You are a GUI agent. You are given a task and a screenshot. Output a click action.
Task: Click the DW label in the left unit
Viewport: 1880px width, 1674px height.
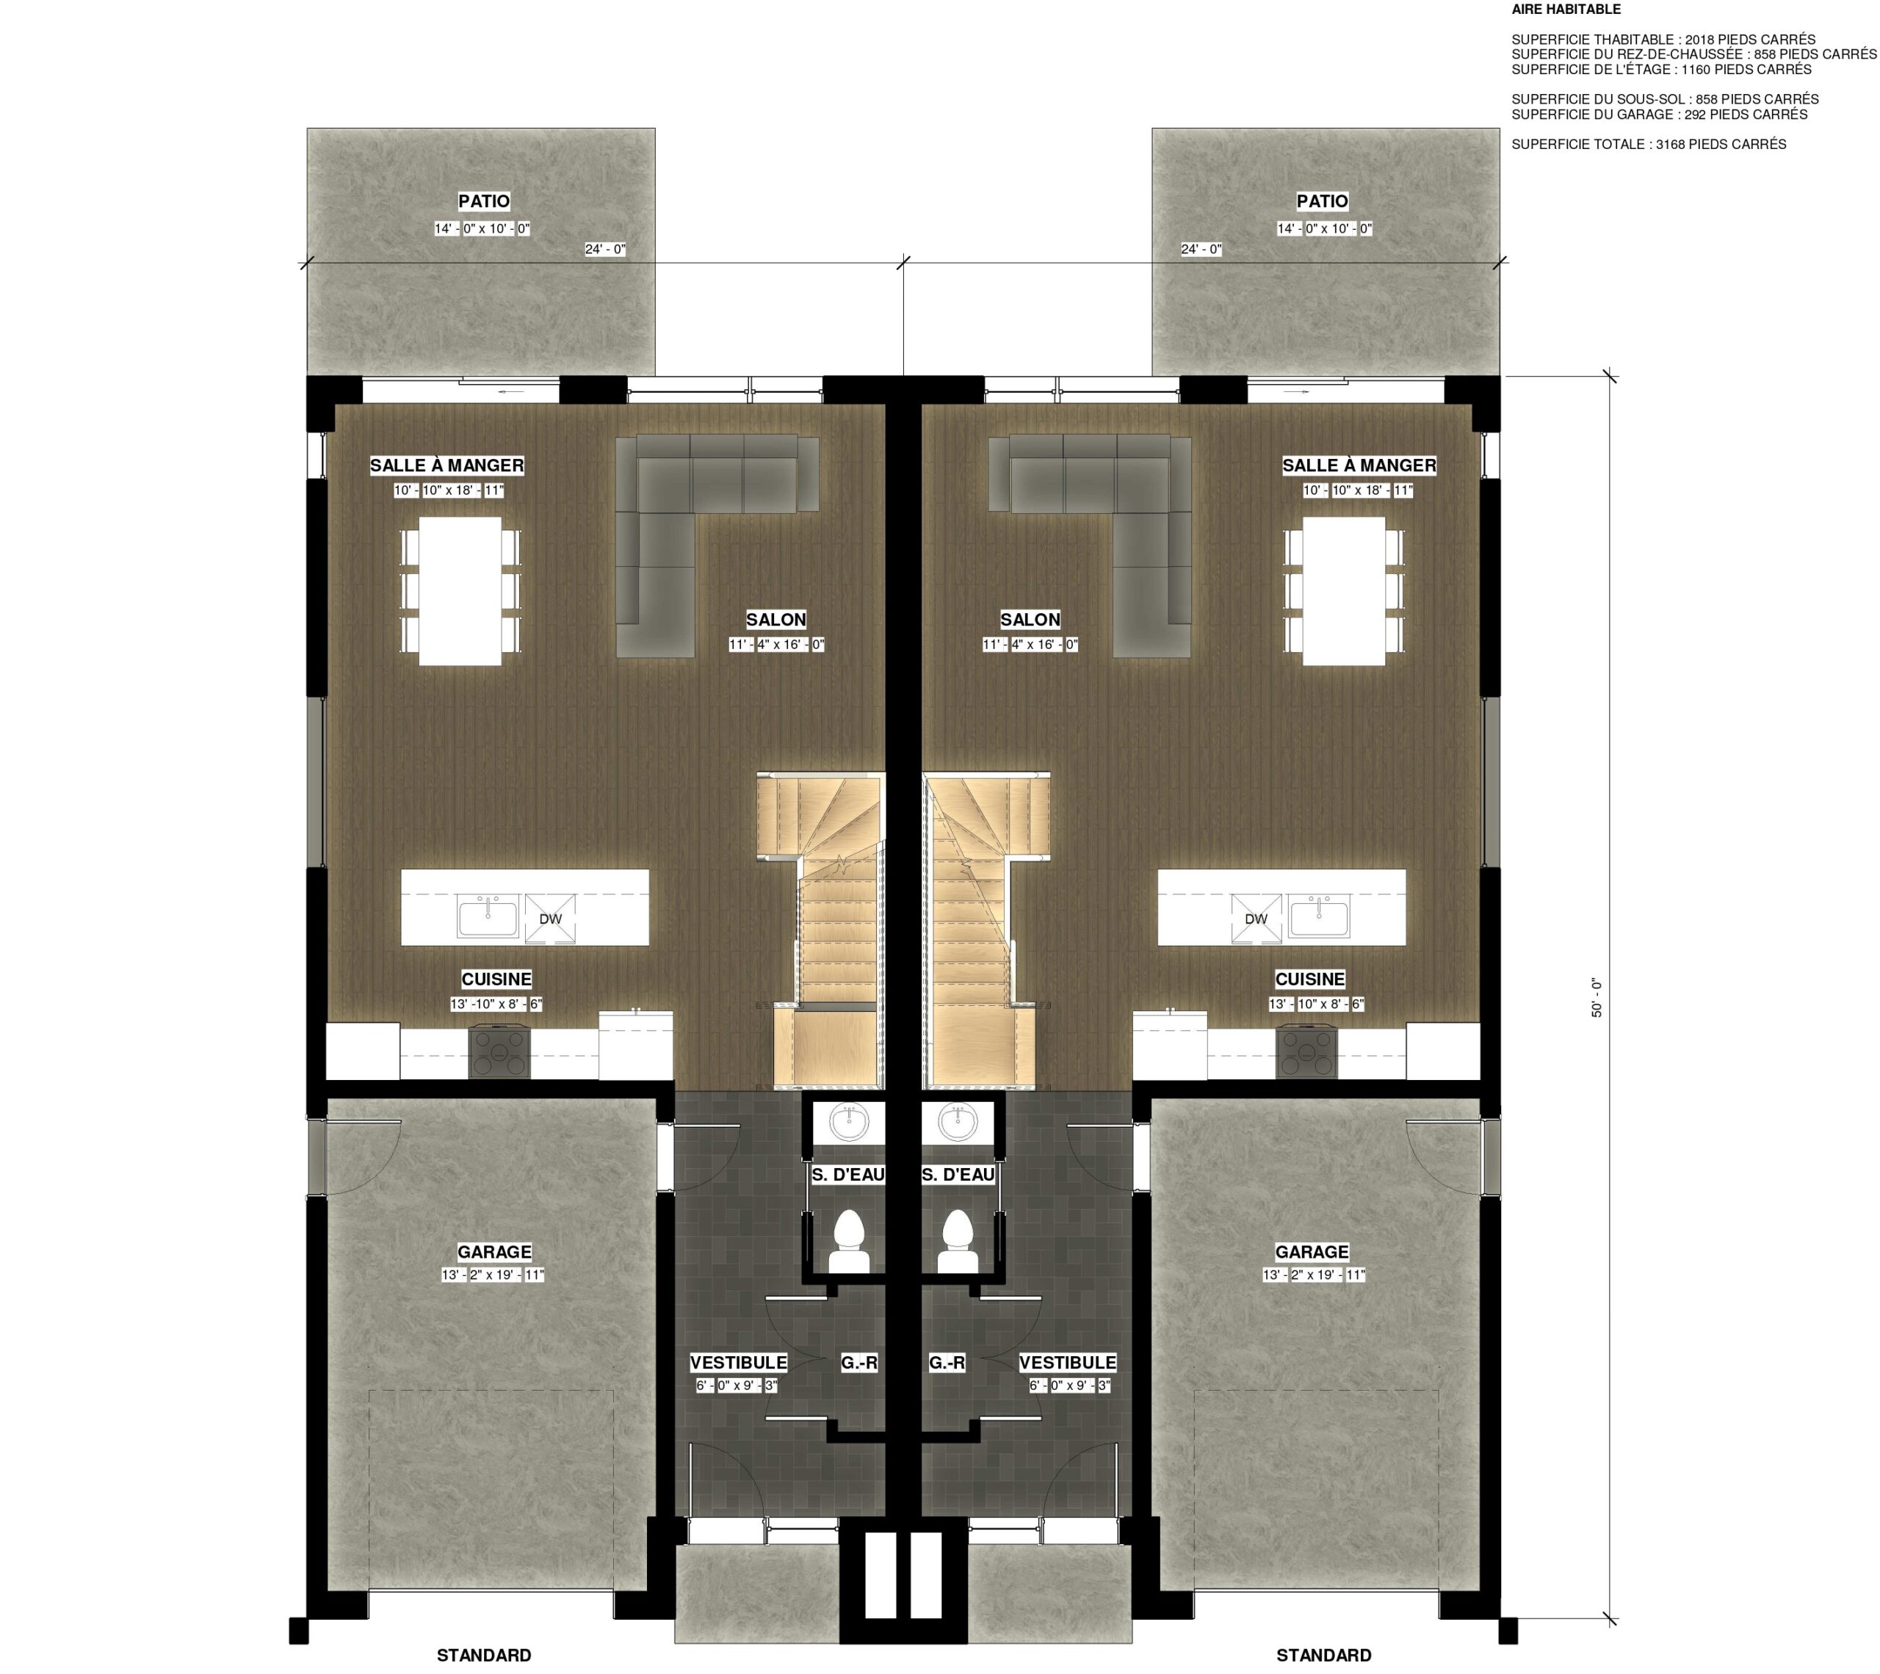pyautogui.click(x=550, y=918)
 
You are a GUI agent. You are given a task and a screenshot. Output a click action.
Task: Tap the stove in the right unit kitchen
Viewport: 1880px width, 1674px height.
pyautogui.click(x=1306, y=1053)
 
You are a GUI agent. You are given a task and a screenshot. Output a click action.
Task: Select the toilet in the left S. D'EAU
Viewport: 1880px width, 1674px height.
pyautogui.click(x=849, y=1241)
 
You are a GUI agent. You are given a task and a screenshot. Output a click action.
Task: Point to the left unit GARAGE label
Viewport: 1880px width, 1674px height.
pyautogui.click(x=494, y=1252)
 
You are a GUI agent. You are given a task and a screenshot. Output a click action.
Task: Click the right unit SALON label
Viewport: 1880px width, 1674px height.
pyautogui.click(x=1030, y=620)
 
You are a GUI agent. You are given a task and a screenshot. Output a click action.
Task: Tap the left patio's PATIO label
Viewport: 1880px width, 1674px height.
pyautogui.click(x=484, y=201)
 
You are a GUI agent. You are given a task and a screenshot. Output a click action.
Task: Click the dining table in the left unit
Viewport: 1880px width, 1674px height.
pyautogui.click(x=460, y=590)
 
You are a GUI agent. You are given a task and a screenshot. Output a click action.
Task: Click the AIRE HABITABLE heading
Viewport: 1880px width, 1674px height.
pyautogui.click(x=1566, y=10)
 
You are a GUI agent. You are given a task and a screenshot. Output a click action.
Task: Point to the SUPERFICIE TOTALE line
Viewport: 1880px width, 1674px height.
pyautogui.click(x=1648, y=145)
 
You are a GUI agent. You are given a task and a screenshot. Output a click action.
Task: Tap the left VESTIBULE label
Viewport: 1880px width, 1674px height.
pyautogui.click(x=737, y=1362)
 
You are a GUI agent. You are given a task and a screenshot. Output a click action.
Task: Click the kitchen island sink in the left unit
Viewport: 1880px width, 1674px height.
pyautogui.click(x=488, y=918)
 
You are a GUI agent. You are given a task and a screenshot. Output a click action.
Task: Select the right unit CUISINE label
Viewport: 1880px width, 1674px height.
pyautogui.click(x=1309, y=979)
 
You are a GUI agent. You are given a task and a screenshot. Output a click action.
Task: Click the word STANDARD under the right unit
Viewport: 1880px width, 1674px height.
pyautogui.click(x=1323, y=1656)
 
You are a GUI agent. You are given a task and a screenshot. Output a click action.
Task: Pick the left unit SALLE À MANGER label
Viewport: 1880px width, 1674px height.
pyautogui.click(x=447, y=465)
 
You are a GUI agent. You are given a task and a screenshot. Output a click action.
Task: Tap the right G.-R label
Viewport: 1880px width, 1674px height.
pyautogui.click(x=947, y=1362)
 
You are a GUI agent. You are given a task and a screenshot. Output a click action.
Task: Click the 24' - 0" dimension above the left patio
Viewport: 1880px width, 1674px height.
pyautogui.click(x=605, y=249)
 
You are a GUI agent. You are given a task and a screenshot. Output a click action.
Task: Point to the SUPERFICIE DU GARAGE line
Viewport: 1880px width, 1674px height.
pyautogui.click(x=1659, y=115)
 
